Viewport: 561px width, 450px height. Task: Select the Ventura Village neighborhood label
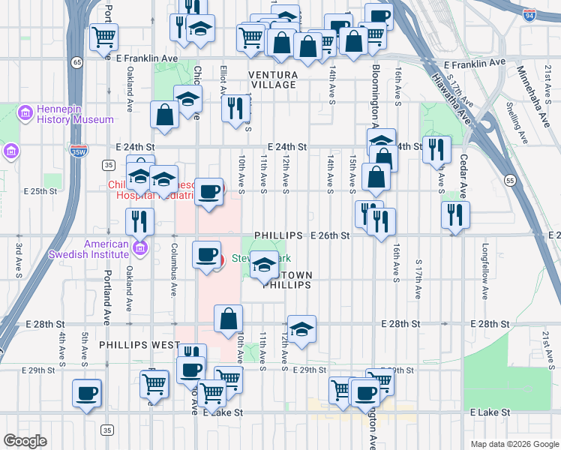273,79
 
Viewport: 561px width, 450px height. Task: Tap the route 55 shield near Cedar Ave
509,181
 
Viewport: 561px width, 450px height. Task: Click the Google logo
25,441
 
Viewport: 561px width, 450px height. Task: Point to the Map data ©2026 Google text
513,443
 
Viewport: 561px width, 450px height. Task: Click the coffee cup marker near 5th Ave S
86,392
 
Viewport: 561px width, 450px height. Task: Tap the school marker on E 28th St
301,328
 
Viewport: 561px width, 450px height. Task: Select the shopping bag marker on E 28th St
229,318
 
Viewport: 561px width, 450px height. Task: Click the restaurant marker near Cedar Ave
454,214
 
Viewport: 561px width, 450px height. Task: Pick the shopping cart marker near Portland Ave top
103,37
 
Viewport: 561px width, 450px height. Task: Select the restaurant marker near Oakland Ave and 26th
139,221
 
